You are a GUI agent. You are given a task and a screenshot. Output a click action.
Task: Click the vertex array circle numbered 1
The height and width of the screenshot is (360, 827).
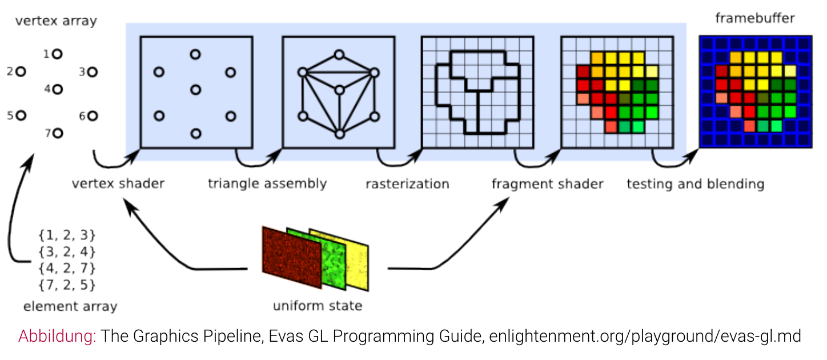(x=57, y=54)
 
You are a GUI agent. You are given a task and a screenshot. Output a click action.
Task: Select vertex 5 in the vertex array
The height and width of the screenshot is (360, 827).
(x=21, y=115)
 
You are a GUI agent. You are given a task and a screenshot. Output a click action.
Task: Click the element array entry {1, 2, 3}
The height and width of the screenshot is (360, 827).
(x=67, y=235)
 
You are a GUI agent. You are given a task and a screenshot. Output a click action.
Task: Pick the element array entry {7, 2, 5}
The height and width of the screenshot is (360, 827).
(x=67, y=284)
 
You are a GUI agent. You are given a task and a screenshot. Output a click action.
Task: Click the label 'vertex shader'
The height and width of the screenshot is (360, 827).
(x=118, y=183)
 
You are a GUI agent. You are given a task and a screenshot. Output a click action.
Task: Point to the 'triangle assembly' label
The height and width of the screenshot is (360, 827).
(x=267, y=183)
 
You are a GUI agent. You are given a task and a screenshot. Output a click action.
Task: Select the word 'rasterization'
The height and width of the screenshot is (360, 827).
(x=407, y=183)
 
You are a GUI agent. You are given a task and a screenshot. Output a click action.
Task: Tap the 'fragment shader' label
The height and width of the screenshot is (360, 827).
(x=547, y=183)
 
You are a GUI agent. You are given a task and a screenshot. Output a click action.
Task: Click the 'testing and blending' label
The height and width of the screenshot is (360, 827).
(x=695, y=183)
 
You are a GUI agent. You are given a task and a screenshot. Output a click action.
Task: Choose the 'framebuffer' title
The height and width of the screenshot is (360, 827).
(x=754, y=18)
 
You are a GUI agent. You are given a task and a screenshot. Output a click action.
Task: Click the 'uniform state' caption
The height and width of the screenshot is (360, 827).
(x=317, y=306)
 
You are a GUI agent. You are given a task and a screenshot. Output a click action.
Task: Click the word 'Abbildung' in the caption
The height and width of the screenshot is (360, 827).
(x=57, y=336)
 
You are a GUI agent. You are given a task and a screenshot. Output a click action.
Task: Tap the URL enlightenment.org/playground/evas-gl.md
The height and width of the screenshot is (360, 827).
(x=645, y=336)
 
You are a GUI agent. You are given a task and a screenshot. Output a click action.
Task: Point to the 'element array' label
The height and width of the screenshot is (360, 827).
(x=70, y=306)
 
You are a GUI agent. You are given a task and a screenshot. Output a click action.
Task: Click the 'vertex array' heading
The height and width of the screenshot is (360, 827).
(x=56, y=21)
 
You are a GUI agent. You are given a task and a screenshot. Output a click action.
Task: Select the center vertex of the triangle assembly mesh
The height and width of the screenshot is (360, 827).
(x=339, y=90)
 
